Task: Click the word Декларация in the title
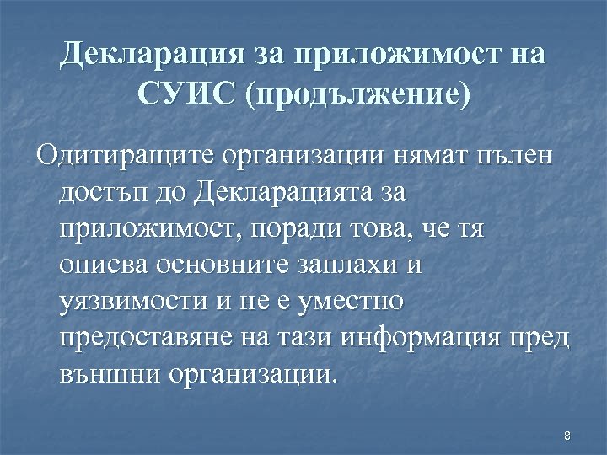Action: click(152, 55)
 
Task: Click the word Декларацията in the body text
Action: click(282, 193)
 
